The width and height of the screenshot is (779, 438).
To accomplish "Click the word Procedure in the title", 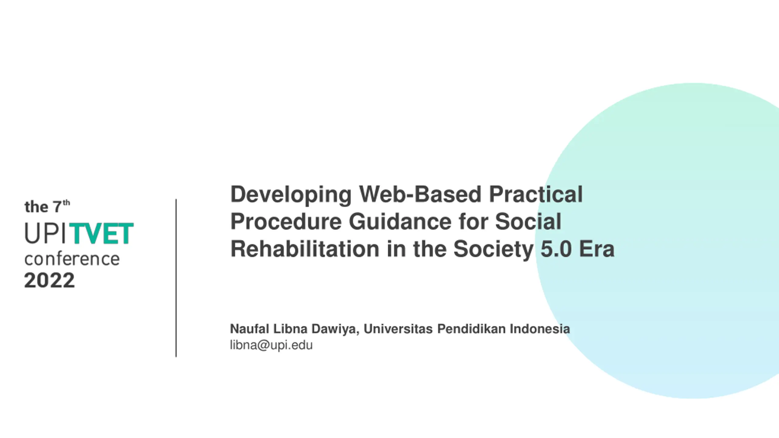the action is click(x=286, y=221).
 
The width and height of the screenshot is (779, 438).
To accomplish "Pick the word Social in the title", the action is click(x=528, y=221).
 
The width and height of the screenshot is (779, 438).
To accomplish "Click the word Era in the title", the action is click(x=597, y=249).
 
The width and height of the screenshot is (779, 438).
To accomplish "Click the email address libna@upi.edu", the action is click(x=271, y=346).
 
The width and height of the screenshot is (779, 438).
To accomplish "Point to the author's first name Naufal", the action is click(x=249, y=329).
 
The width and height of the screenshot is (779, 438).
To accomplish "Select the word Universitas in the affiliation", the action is click(x=398, y=329).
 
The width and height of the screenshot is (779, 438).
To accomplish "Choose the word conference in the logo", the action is click(x=72, y=259).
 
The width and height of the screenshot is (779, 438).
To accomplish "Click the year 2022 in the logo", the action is click(x=49, y=280).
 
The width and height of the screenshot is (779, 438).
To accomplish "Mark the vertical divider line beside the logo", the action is click(x=176, y=278).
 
